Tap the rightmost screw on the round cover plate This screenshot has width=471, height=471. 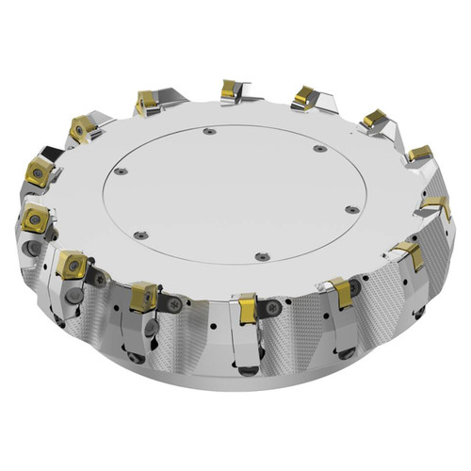coord(352,209)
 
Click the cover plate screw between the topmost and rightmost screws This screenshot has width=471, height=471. coord(319,149)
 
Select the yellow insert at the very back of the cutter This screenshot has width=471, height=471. coord(231,89)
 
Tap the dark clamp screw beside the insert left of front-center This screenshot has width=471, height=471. coord(174,303)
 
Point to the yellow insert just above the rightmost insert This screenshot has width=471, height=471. coord(420,153)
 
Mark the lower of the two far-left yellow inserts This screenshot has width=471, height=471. coord(33,216)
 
